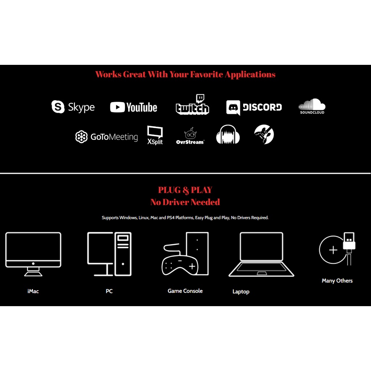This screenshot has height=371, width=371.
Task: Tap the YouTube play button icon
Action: point(117,107)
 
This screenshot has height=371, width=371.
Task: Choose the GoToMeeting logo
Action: point(107,137)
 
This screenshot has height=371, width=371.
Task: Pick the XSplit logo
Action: point(155,135)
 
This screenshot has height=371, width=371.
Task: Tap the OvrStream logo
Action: point(190,136)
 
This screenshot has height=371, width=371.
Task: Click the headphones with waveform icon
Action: point(228,135)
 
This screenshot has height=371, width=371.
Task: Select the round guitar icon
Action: point(264,134)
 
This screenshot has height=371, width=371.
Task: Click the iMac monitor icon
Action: point(33,254)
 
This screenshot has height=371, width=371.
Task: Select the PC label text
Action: point(109,291)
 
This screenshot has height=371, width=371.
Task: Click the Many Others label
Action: point(337,281)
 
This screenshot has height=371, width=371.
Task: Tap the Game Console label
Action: point(185,291)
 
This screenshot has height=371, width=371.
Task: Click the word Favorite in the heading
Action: point(207,75)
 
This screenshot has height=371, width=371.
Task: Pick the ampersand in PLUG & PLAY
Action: point(185,190)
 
